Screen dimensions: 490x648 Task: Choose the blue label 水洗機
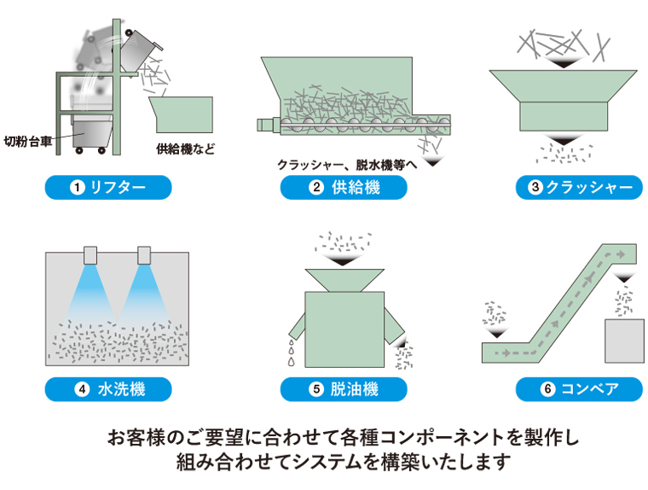click(108, 389)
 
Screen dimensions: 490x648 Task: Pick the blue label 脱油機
click(344, 389)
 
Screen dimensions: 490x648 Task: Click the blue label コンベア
click(579, 389)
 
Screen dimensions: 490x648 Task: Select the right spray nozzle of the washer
click(144, 254)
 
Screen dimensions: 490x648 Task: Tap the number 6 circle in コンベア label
click(547, 389)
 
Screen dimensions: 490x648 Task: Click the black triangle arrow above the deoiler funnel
click(344, 260)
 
